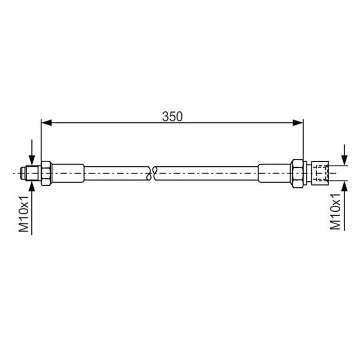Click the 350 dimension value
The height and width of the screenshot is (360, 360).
172,117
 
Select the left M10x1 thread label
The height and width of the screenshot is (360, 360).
24,214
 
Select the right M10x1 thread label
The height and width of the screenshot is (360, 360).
335,212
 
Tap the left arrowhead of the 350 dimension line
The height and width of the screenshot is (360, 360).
47,122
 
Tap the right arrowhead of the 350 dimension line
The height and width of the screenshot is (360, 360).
298,123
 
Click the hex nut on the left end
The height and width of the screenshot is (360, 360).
47,173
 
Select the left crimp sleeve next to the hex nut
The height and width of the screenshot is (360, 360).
68,173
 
